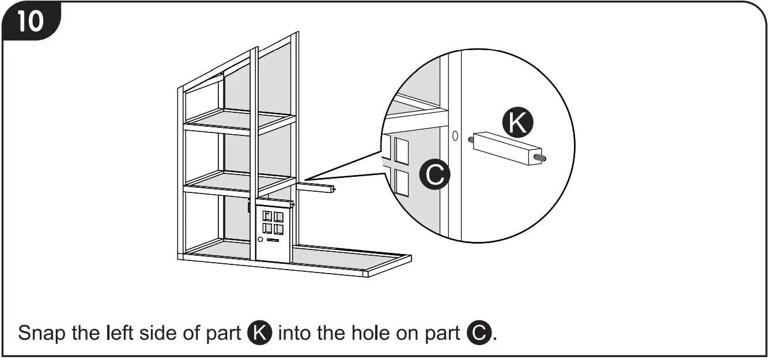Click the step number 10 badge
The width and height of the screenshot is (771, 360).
coord(29,21)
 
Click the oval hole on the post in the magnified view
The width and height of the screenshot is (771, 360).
coord(455,137)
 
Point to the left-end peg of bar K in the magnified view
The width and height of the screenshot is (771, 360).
coord(471,139)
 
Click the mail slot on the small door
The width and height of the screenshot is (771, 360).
coord(273,238)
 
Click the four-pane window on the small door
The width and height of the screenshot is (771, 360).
coord(273,222)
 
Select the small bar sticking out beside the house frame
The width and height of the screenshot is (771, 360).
coord(316,187)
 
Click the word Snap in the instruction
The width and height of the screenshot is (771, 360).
coord(41,334)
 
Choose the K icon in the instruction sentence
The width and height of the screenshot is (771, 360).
coord(259,334)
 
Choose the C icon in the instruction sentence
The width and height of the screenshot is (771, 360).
coord(479,334)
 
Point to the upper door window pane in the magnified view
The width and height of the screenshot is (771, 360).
coord(401,150)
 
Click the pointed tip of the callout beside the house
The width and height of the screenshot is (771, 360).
coord(304,180)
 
